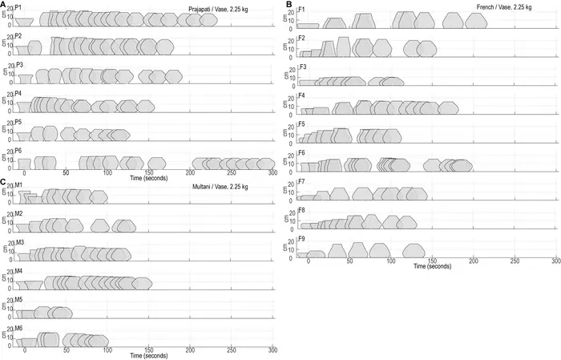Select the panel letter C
pyautogui.click(x=3, y=182)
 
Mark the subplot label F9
pyautogui.click(x=302, y=239)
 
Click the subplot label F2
pyautogui.click(x=302, y=38)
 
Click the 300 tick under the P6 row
pyautogui.click(x=272, y=172)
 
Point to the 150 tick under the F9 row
pyautogui.click(x=432, y=261)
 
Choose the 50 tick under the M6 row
pyautogui.click(x=66, y=350)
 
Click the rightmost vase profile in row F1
pyautogui.click(x=473, y=21)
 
